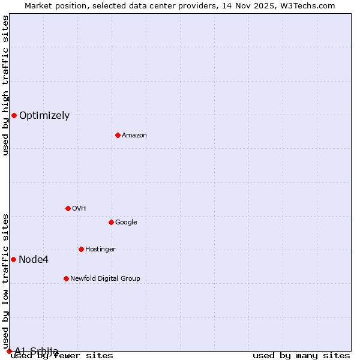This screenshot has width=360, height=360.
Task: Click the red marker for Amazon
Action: click(118, 135)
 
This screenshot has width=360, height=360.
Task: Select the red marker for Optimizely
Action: click(14, 115)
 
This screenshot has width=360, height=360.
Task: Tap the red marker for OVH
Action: click(68, 208)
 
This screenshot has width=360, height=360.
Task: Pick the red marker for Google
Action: click(111, 222)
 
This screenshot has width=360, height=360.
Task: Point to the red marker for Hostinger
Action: click(81, 249)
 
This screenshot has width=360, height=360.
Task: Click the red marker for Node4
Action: click(13, 259)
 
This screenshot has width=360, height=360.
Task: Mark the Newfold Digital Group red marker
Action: click(66, 278)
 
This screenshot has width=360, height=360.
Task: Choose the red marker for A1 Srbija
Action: click(9, 351)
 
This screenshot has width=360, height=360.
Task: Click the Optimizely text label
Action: click(44, 116)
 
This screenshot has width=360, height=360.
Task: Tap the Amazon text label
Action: click(134, 136)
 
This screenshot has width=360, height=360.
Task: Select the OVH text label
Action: click(79, 209)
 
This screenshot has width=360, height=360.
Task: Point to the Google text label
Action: click(126, 223)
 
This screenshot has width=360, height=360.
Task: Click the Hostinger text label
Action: click(100, 250)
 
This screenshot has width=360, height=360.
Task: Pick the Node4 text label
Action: click(34, 260)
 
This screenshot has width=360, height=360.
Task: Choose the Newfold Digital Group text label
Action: click(105, 279)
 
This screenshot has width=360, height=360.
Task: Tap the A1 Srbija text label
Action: click(37, 351)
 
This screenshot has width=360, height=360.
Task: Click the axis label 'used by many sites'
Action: click(301, 356)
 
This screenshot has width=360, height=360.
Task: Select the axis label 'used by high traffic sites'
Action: click(6, 85)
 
